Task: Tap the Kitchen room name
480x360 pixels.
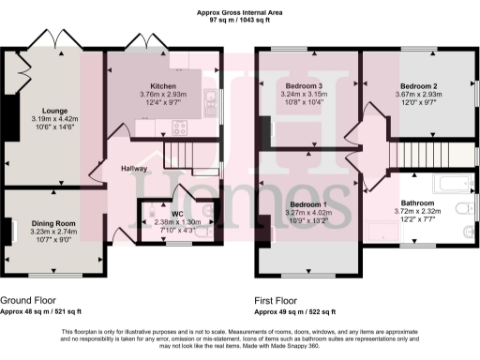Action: [x=165, y=85]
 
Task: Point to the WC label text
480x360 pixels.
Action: [x=175, y=215]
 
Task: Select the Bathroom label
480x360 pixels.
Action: [x=418, y=203]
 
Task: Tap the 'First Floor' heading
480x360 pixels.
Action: [x=277, y=301]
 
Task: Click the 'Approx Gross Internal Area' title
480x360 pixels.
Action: [x=240, y=11]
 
